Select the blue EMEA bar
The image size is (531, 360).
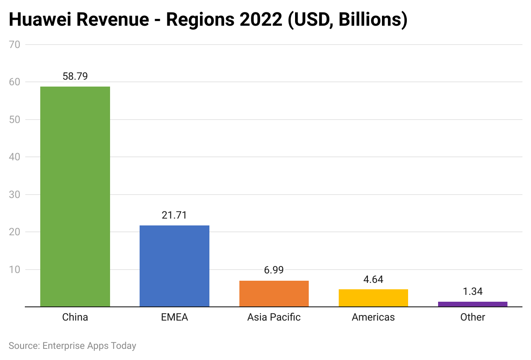click(x=174, y=266)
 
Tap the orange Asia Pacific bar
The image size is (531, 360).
click(x=274, y=294)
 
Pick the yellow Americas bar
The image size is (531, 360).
click(x=373, y=298)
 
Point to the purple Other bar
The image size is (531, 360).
click(x=472, y=304)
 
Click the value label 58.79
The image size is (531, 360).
click(x=75, y=76)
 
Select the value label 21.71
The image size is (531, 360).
click(x=174, y=215)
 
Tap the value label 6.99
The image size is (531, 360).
click(x=274, y=270)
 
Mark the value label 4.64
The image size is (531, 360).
click(x=373, y=279)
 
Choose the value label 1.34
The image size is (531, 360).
click(x=472, y=291)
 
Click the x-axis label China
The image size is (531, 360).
click(x=75, y=317)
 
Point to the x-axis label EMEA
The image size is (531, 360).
click(x=174, y=317)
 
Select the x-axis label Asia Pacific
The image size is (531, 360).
click(x=274, y=317)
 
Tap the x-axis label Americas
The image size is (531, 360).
click(x=373, y=317)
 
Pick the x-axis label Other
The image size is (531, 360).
click(x=472, y=317)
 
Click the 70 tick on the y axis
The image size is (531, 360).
click(x=14, y=44)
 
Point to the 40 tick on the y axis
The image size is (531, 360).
click(x=14, y=157)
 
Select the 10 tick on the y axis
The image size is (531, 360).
click(x=14, y=270)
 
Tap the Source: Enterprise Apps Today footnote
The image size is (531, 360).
click(x=72, y=345)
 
